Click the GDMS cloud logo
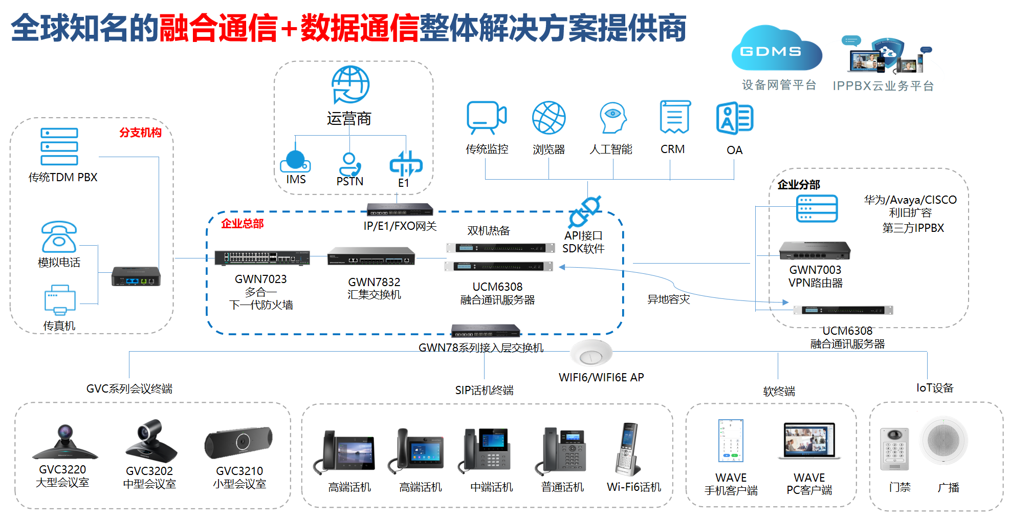(x=776, y=50)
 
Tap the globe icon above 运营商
(x=350, y=84)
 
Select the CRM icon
(x=675, y=117)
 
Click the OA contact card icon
(x=734, y=118)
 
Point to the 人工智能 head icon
(x=612, y=118)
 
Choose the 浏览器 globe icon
(x=549, y=118)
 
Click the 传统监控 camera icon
(x=486, y=117)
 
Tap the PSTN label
(x=350, y=181)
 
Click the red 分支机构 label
(x=140, y=133)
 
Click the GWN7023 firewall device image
(x=261, y=258)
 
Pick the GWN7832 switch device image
(x=371, y=256)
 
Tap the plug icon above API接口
(x=584, y=211)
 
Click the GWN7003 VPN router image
(x=815, y=250)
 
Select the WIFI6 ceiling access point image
(x=591, y=353)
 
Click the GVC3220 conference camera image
(x=64, y=443)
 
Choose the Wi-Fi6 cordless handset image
(x=628, y=449)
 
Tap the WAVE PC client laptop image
(x=809, y=441)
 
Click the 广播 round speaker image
(x=944, y=440)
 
